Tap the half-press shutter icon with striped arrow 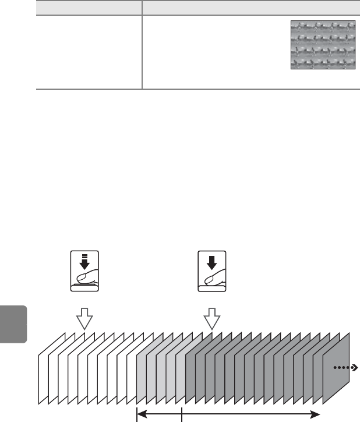pyautogui.click(x=84, y=270)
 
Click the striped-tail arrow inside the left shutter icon pyautogui.click(x=85, y=259)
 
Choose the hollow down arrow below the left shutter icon pyautogui.click(x=85, y=319)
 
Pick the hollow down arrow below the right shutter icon pyautogui.click(x=211, y=319)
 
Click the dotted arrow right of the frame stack pyautogui.click(x=346, y=368)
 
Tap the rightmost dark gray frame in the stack pyautogui.click(x=344, y=364)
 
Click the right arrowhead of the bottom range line pyautogui.click(x=318, y=414)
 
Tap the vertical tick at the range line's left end pyautogui.click(x=136, y=414)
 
